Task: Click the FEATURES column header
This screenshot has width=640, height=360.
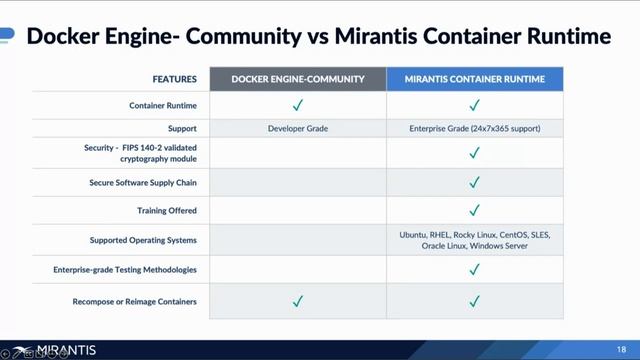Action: click(174, 78)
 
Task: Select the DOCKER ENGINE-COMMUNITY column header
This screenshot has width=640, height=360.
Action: click(297, 78)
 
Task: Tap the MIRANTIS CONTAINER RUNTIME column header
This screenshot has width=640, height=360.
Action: click(474, 78)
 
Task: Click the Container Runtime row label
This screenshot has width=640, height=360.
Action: click(162, 104)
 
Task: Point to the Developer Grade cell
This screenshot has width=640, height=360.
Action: click(297, 128)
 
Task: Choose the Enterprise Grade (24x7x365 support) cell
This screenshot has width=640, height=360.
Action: click(474, 128)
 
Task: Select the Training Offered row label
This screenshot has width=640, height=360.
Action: click(167, 211)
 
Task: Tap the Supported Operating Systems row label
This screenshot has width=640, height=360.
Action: click(143, 240)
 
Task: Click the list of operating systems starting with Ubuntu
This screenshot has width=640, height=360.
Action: click(474, 240)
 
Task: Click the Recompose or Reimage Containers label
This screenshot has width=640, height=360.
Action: click(135, 301)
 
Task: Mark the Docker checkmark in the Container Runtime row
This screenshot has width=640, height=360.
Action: click(297, 104)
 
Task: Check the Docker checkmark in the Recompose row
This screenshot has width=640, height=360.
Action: click(297, 301)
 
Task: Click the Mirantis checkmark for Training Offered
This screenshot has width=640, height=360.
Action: click(474, 211)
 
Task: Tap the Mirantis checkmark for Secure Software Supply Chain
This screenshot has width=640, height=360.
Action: click(474, 182)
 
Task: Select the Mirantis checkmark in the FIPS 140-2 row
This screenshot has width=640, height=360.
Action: click(474, 153)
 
